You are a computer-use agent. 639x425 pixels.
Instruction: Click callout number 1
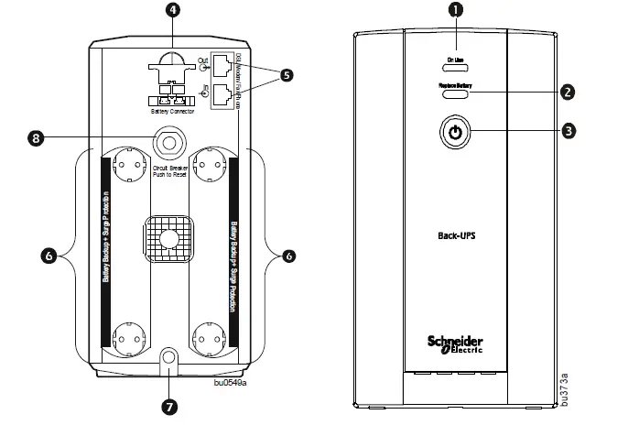point(453,10)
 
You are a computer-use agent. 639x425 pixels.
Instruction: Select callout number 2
point(569,92)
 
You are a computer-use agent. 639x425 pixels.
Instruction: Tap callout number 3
point(569,131)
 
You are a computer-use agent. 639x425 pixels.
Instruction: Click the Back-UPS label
point(454,234)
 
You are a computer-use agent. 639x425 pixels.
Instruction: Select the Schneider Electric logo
point(454,341)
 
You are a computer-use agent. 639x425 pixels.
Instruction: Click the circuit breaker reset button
point(168,141)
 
